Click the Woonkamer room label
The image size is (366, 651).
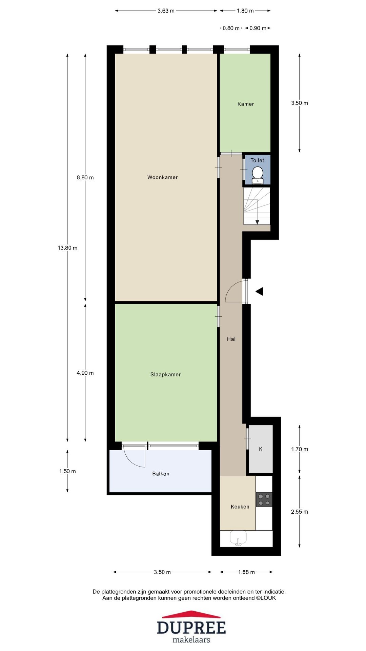[x=162, y=177]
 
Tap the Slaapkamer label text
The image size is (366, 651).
[x=165, y=375]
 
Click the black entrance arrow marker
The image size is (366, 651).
[x=259, y=291]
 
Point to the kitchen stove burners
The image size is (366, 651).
[x=264, y=499]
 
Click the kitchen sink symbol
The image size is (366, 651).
[x=238, y=537]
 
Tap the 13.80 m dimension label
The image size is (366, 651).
[x=67, y=248]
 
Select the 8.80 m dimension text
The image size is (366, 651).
[x=85, y=177]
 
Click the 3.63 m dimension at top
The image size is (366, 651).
[x=166, y=11]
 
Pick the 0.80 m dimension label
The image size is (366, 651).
[x=231, y=28]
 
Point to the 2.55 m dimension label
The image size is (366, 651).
[x=299, y=512]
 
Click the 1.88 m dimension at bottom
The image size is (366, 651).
[x=246, y=572]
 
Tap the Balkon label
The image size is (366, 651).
[x=161, y=474]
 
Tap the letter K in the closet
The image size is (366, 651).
[x=261, y=449]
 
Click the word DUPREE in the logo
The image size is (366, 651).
[x=191, y=628]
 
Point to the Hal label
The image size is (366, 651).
[x=231, y=339]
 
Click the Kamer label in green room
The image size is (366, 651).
[x=245, y=104]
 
